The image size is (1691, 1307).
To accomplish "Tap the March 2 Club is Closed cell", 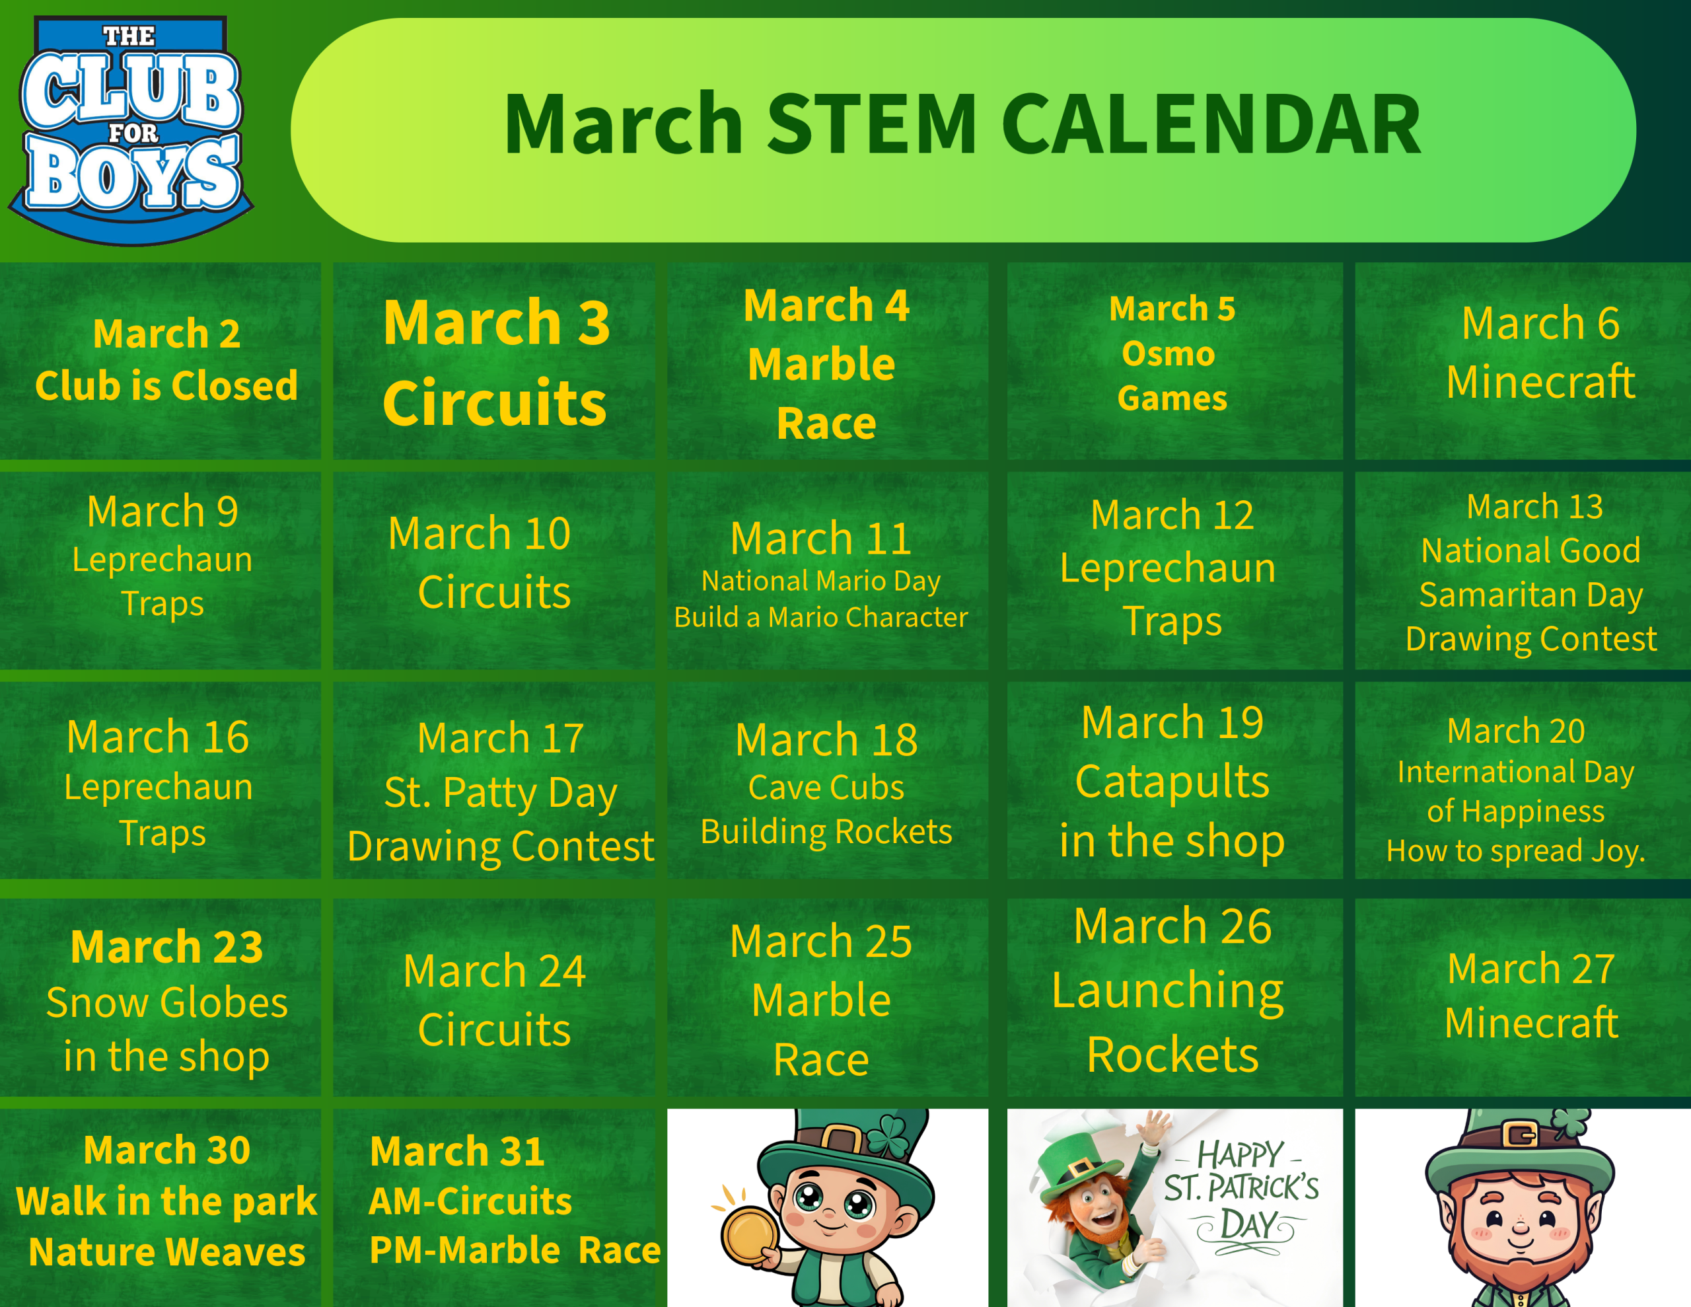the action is coord(161,361).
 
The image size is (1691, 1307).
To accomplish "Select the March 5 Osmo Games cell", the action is coord(1174,361).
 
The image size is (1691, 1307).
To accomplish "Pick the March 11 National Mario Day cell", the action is coord(828,571).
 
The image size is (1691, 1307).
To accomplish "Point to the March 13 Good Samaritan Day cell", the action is coord(1523,571).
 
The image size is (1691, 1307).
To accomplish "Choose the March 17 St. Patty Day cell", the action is coord(494,780).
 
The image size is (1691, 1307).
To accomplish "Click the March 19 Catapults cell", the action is coord(1174,780).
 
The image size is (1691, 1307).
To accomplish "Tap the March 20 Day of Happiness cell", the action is coord(1523,780).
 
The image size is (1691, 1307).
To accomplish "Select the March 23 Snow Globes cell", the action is coord(161,997).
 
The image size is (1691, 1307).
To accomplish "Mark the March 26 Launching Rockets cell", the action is coord(1174,997).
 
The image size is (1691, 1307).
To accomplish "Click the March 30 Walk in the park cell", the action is coord(161,1208).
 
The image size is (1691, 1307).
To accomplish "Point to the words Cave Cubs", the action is coord(826,787).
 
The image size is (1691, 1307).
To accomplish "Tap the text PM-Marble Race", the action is coord(515,1250).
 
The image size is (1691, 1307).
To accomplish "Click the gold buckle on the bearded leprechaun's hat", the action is coord(1521,1136).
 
